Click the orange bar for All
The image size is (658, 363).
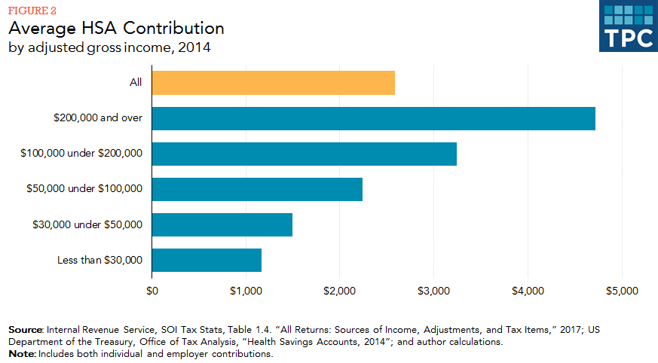273,83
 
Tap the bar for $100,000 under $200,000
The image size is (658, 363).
304,154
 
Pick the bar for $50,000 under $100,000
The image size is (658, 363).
257,189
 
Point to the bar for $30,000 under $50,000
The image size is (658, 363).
222,224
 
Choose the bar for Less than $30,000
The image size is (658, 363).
207,260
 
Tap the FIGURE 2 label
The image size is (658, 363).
32,11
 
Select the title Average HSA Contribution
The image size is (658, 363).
116,29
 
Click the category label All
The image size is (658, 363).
135,83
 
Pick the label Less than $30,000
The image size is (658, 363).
99,260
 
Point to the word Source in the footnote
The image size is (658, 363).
26,330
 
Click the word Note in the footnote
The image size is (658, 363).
21,353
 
